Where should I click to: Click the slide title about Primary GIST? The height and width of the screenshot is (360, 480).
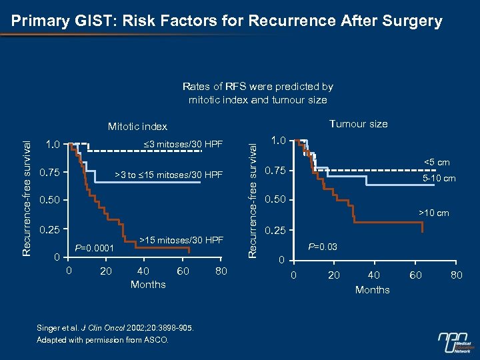227,21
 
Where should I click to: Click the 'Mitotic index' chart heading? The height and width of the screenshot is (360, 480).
138,126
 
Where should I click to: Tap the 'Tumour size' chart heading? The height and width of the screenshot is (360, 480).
358,123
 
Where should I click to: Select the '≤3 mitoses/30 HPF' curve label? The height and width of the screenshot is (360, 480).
183,144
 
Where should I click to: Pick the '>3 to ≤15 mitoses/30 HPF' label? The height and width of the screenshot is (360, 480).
169,175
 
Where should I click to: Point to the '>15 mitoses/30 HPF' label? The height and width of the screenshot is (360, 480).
181,239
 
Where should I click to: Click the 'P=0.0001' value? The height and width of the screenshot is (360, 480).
95,249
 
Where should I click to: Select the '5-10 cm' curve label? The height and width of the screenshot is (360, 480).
439,178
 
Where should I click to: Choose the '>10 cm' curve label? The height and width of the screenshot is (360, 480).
433,213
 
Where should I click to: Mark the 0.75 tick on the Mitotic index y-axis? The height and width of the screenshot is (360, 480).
51,173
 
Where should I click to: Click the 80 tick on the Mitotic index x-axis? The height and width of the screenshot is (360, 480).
221,271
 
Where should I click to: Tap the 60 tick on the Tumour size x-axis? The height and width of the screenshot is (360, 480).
415,275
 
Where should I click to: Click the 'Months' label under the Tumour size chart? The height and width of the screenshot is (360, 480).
372,289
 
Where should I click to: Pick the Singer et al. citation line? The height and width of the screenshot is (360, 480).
115,327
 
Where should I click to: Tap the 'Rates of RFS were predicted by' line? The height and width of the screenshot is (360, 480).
257,87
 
